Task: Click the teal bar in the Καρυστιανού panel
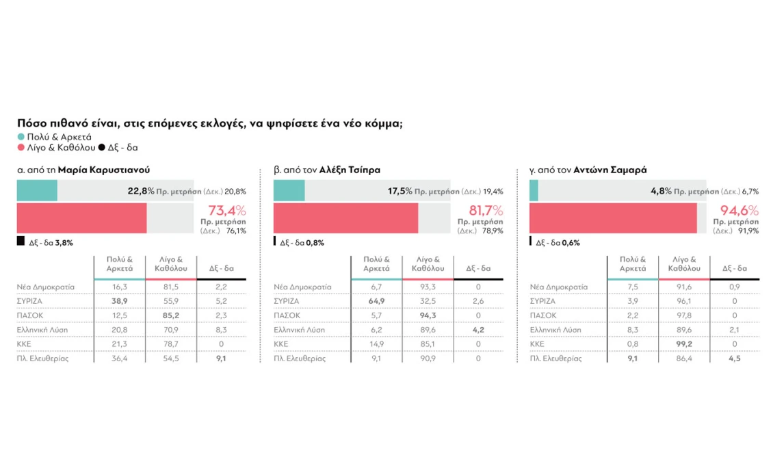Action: click(37, 191)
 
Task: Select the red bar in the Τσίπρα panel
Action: click(345, 218)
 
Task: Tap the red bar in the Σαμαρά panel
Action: click(613, 218)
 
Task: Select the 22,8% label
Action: click(141, 192)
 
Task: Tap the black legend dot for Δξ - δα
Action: click(102, 147)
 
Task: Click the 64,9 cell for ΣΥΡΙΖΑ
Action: click(376, 301)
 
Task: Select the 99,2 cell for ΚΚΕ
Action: click(683, 344)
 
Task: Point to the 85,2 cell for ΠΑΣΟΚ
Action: click(170, 315)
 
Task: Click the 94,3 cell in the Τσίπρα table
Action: click(427, 315)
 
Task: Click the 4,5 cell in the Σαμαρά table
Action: click(734, 358)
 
